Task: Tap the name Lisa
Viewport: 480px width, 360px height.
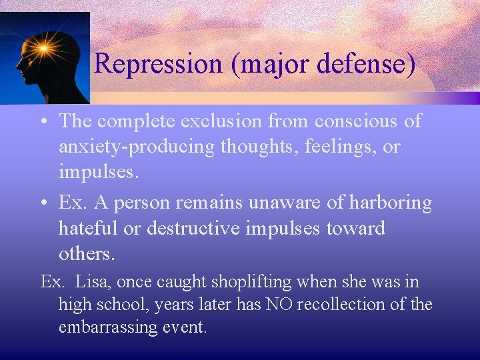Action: [91, 282]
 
